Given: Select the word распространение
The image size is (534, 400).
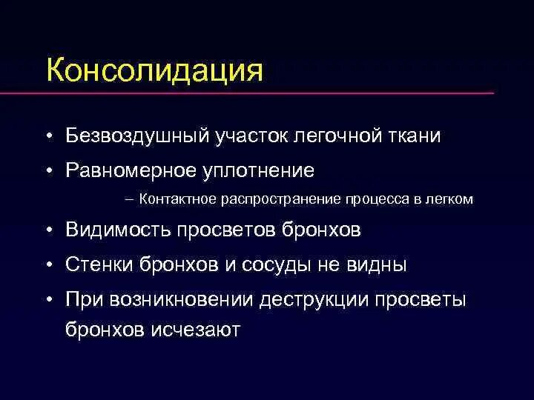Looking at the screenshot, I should click(x=280, y=199).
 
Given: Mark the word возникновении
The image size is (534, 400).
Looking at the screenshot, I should click(x=191, y=299).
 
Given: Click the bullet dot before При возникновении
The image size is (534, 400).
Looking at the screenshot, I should click(x=47, y=299).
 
